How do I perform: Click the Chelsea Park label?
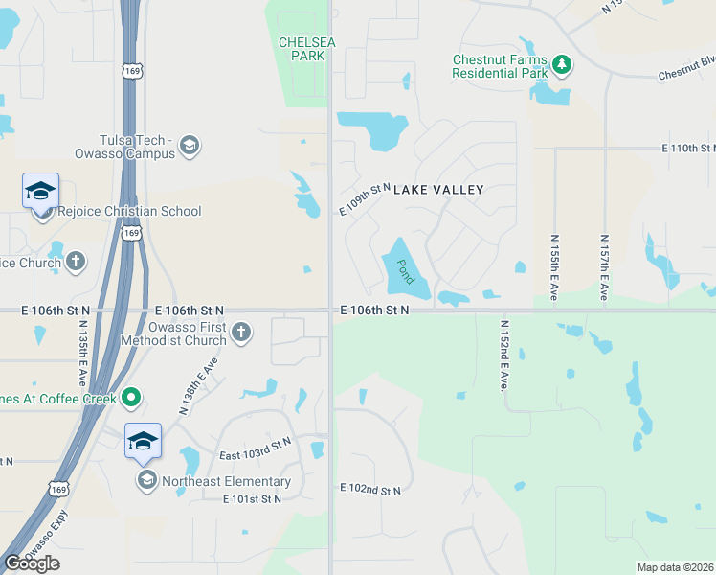[x=302, y=49]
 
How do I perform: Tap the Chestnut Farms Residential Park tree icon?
[x=563, y=65]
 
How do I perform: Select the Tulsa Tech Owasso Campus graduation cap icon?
[x=190, y=146]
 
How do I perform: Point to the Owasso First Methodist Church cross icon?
[x=241, y=333]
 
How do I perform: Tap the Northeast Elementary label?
[x=226, y=481]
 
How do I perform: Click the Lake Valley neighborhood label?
[x=438, y=190]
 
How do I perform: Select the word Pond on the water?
[x=404, y=271]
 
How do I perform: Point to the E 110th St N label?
[x=688, y=149]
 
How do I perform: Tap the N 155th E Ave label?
[x=554, y=267]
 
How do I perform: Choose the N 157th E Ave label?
[x=604, y=267]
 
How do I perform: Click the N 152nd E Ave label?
[x=502, y=354]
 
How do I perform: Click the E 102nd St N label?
[x=370, y=490]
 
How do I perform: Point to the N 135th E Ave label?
[x=82, y=349]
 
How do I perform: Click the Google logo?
[x=32, y=563]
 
